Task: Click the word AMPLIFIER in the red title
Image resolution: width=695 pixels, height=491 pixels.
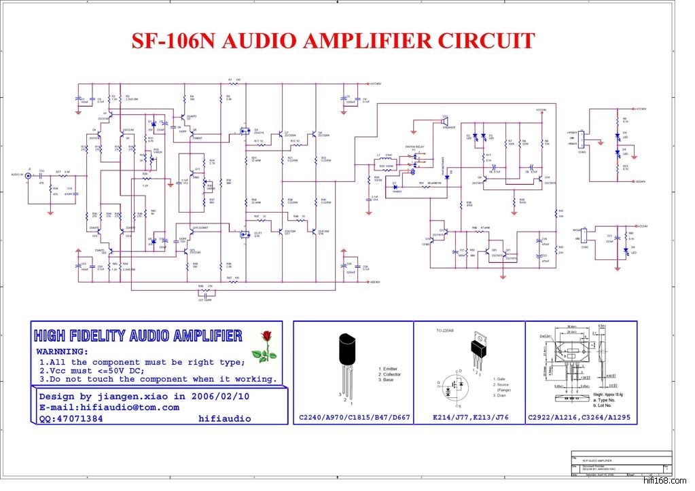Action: point(366,41)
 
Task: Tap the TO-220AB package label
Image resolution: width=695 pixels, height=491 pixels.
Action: point(444,331)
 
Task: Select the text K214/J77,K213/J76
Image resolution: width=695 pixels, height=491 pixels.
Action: point(470,417)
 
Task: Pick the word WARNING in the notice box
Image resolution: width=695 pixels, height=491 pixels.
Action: point(62,352)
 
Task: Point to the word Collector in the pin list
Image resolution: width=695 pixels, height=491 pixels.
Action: point(391,374)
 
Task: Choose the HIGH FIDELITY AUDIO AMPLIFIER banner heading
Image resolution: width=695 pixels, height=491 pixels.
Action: point(138,335)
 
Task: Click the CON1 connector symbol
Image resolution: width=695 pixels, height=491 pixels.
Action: point(582,144)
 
